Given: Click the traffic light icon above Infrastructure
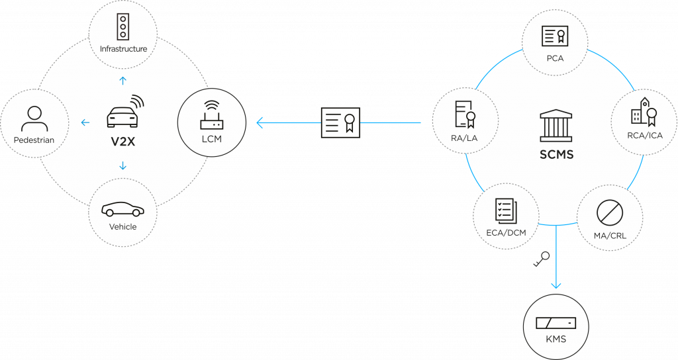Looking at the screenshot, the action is click(122, 26).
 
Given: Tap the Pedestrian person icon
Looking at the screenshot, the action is click(34, 119).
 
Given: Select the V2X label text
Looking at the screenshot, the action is click(122, 142).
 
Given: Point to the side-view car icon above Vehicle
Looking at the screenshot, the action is click(122, 209).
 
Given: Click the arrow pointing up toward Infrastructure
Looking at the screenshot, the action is click(122, 80).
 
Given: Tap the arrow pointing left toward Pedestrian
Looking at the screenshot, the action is click(85, 122).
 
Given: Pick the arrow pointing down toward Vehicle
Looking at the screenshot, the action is click(122, 165).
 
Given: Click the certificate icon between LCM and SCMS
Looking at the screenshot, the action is click(341, 122).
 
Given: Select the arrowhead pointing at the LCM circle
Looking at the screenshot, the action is click(260, 122).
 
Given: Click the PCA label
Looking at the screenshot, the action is click(555, 58).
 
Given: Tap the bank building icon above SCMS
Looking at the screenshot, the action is click(556, 125).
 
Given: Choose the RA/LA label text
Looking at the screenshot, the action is click(464, 138).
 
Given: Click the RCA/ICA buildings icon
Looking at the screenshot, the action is click(644, 111).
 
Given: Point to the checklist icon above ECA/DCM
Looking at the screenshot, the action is click(506, 211).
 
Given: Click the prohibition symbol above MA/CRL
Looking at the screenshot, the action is click(610, 212).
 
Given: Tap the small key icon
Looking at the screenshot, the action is click(542, 259).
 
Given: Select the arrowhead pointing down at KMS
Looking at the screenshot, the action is click(556, 285).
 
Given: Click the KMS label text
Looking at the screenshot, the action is click(556, 339).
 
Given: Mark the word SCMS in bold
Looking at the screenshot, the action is click(556, 154).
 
